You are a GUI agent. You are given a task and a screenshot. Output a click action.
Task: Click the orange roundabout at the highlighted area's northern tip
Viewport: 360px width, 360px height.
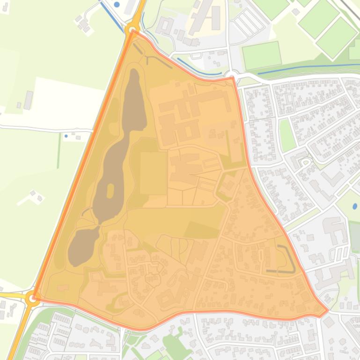pos(132,29)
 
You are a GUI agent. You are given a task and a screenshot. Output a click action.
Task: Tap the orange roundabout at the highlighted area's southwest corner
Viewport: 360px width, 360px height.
pos(32,297)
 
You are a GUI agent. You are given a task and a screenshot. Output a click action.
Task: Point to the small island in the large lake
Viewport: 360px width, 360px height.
pos(110,191)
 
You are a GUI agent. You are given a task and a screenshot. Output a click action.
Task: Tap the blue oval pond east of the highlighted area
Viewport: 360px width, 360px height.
pos(354,206)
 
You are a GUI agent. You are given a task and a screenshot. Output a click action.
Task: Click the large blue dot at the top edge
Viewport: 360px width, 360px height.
pos(117,4)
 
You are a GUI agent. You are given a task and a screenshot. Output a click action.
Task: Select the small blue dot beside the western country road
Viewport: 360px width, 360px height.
pos(66,136)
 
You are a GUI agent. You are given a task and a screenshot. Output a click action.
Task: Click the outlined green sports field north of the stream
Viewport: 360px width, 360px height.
pos(262,55)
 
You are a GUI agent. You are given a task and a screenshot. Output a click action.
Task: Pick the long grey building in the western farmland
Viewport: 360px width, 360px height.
pos(28,100)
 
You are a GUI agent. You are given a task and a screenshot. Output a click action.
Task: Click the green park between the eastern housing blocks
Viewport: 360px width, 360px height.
pos(287,135)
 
